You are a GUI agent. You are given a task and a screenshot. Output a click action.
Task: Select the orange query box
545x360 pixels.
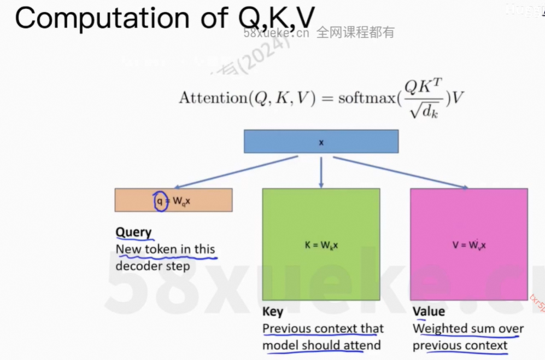173,200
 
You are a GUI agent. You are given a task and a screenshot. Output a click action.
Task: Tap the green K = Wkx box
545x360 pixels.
321,245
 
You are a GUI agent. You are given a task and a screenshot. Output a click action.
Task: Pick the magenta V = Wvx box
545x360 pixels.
468,245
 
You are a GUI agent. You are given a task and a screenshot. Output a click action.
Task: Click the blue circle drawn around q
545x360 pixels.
159,201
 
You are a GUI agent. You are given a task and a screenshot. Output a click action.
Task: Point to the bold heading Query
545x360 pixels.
133,232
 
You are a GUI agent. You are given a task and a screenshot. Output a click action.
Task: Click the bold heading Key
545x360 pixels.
273,312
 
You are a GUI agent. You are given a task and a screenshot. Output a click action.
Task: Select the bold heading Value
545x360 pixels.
429,312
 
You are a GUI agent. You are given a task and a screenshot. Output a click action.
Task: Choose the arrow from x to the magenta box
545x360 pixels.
402,173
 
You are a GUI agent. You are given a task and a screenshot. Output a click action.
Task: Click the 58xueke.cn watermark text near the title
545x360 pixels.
277,33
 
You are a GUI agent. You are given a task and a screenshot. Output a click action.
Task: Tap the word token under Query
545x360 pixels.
161,249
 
